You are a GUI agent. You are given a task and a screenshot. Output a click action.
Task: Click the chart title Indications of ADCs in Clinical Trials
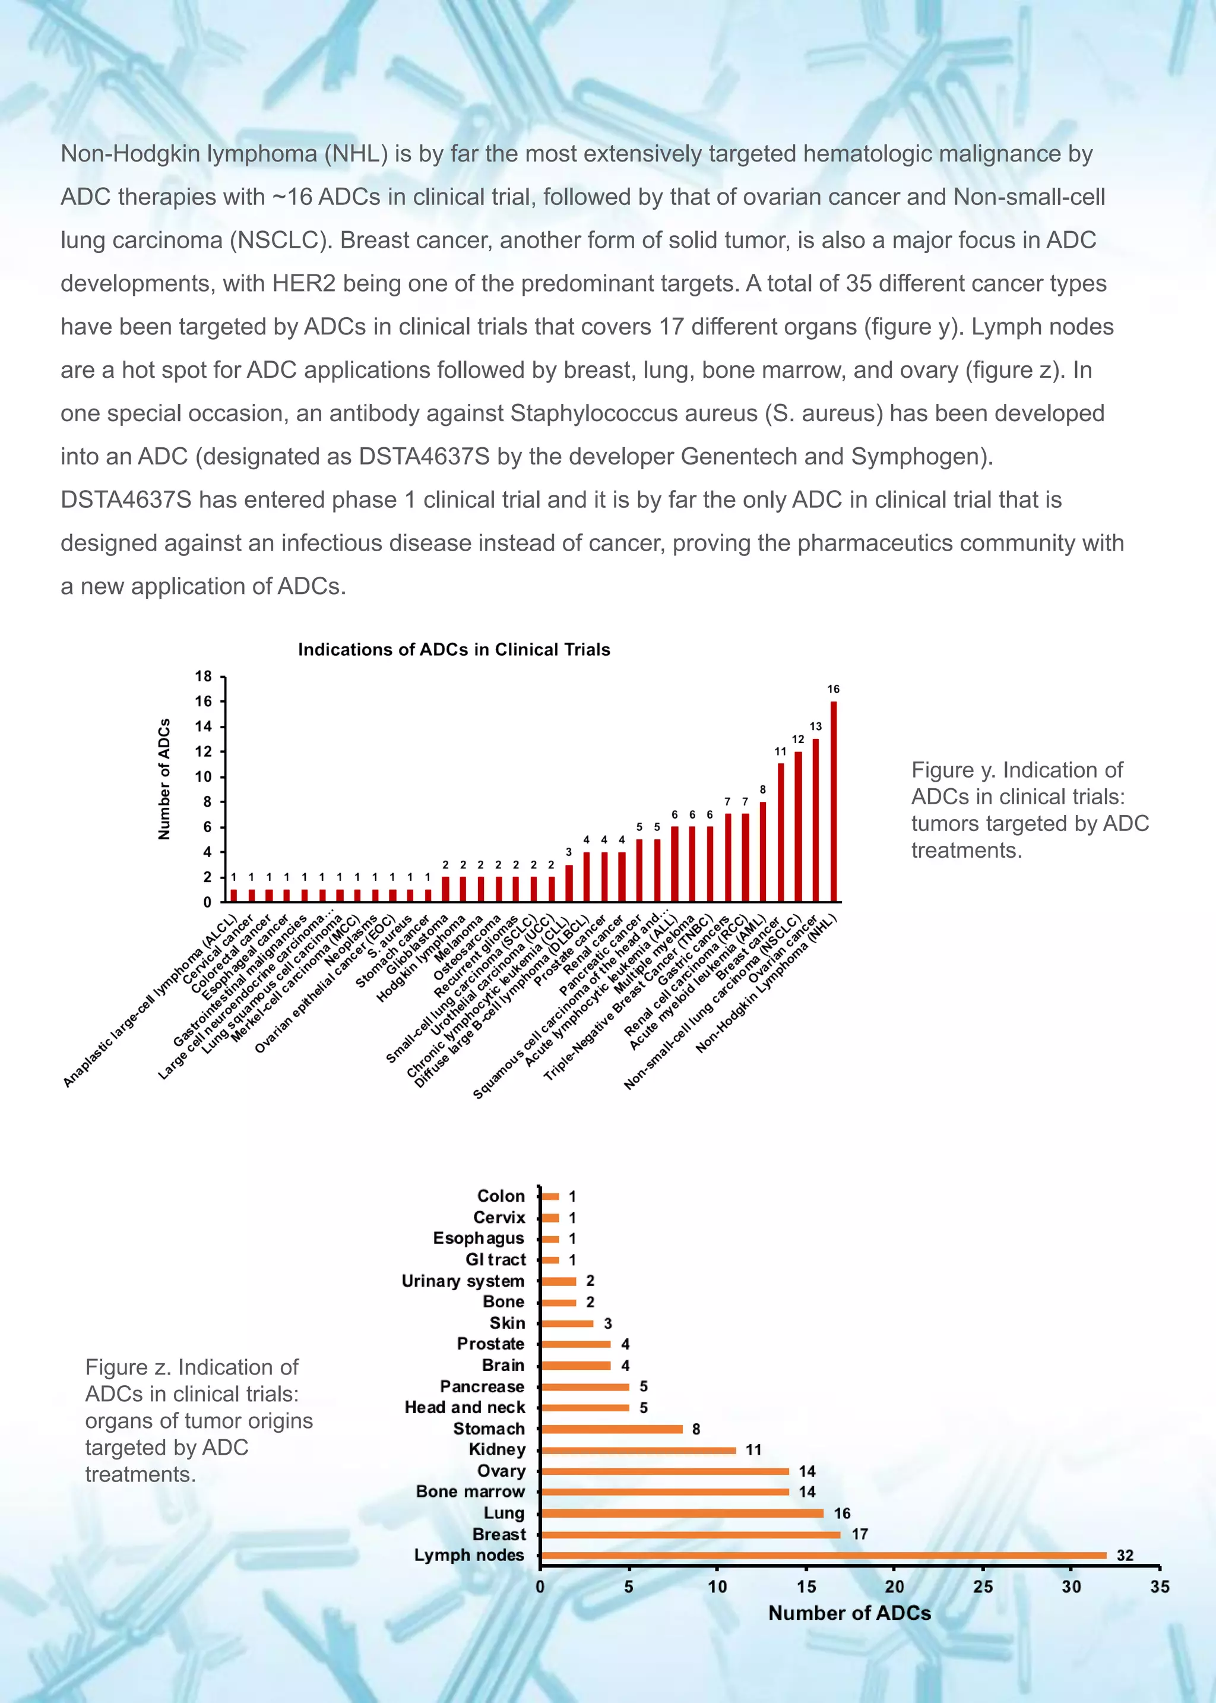coord(454,649)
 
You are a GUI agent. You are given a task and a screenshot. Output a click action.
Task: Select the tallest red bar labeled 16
coord(834,801)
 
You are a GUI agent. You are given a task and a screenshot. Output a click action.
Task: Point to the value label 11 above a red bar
coord(780,751)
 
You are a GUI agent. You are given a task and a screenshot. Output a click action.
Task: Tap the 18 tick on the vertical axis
coord(204,676)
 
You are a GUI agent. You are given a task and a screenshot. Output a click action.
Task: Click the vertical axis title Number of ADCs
coord(164,779)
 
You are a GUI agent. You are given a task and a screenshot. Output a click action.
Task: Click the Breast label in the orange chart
coord(499,1534)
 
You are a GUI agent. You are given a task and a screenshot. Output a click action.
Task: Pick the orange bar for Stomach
coord(611,1429)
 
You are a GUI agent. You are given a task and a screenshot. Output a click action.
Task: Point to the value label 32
coord(1125,1556)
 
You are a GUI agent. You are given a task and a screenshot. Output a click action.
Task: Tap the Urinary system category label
coord(463,1281)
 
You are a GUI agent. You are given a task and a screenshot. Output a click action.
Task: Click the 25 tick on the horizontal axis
coord(983,1586)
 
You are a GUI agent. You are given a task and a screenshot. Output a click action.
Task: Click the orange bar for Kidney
coord(638,1450)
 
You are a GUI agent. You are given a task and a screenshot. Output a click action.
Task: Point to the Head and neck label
coord(464,1407)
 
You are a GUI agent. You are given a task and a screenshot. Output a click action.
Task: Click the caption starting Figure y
coord(1030,810)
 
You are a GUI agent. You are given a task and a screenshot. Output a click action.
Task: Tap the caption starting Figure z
coord(198,1421)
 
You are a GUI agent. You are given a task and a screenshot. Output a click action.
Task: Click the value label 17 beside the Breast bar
coord(860,1534)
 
